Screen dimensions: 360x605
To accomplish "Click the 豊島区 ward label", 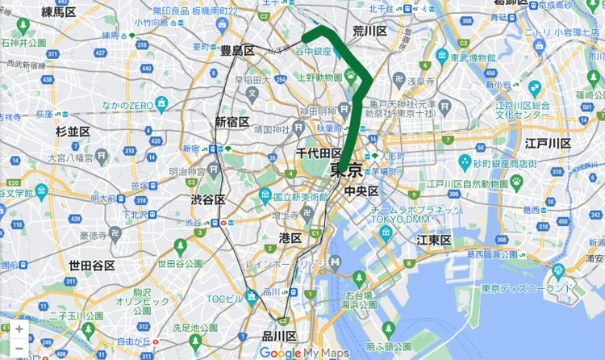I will click(x=237, y=51).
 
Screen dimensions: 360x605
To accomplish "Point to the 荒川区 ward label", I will click(x=370, y=31).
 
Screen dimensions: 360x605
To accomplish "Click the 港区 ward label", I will click(x=290, y=237).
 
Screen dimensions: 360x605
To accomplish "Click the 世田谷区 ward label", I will click(x=91, y=265).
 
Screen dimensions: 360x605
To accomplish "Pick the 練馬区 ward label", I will click(x=58, y=11).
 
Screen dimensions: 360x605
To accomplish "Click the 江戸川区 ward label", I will click(x=548, y=144).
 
